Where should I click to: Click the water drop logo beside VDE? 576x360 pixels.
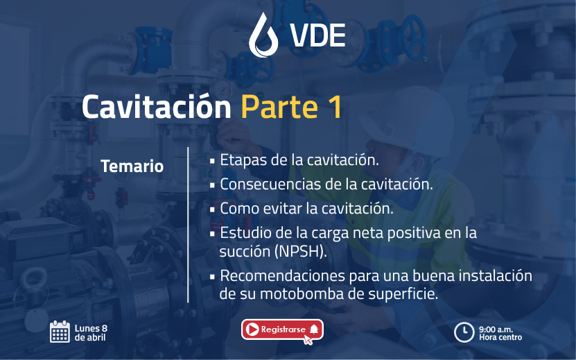[x=263, y=35]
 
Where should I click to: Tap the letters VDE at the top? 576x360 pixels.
[x=317, y=35]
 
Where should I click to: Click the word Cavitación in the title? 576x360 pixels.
[x=157, y=107]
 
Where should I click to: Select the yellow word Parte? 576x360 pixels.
[x=279, y=107]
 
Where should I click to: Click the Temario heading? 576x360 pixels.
[x=132, y=166]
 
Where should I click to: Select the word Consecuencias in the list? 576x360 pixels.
[x=272, y=185]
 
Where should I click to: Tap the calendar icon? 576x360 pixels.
[x=60, y=332]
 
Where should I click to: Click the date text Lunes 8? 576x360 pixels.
[x=91, y=328]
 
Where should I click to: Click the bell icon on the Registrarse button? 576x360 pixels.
[x=314, y=329]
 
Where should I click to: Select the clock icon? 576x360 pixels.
[x=464, y=332]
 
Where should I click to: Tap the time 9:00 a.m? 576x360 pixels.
[x=496, y=329]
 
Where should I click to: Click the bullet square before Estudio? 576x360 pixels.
[x=212, y=233]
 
